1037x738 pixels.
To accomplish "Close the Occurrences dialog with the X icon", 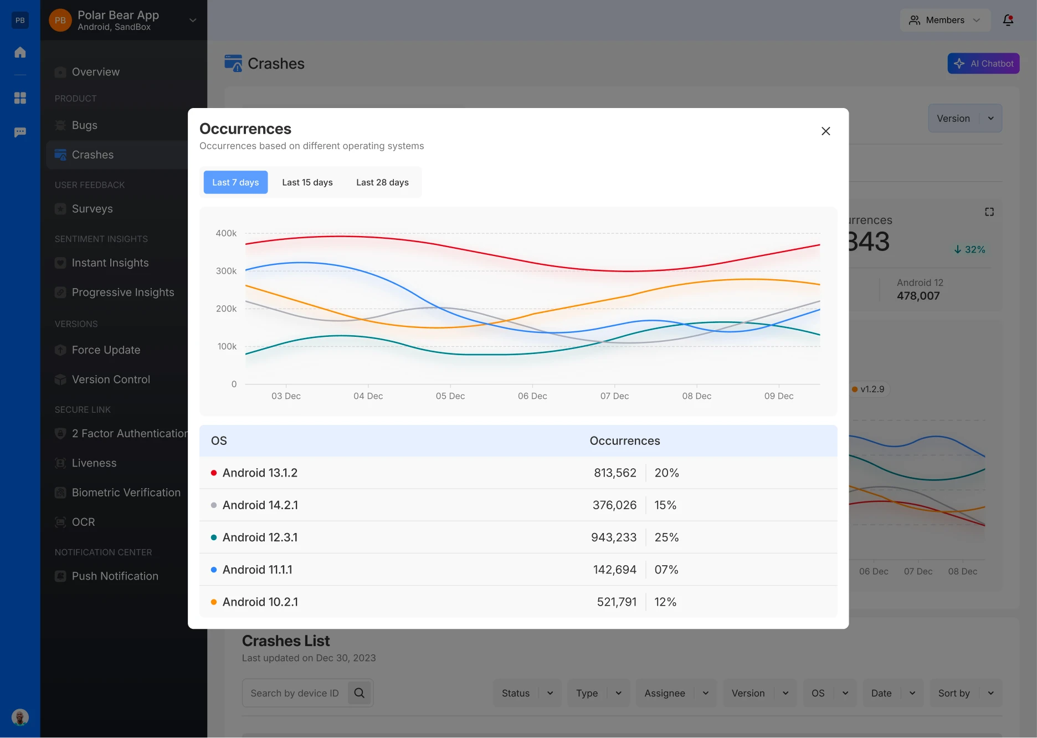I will click(825, 131).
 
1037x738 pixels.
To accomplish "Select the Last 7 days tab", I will click(235, 182).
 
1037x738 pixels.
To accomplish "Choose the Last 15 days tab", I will click(307, 182).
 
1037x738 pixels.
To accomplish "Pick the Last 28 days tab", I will click(382, 182).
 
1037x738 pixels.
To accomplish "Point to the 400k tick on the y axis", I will click(226, 233).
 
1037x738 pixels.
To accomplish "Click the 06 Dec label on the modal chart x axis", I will click(532, 396).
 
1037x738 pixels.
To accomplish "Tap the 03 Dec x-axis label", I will click(286, 396).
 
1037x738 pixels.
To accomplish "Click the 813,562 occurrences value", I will click(615, 473).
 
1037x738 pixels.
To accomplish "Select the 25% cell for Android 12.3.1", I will click(666, 537).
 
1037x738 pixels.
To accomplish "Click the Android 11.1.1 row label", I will click(257, 570).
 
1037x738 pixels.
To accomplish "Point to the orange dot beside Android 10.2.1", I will click(214, 602).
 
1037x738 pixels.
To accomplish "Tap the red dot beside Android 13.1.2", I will click(214, 473).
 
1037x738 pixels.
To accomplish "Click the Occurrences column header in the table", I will click(624, 441).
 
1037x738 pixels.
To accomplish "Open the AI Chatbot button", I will click(983, 64).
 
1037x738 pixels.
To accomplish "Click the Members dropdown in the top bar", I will click(944, 20).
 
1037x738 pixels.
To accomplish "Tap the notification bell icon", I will click(1008, 20).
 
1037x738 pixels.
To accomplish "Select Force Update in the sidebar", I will click(106, 350).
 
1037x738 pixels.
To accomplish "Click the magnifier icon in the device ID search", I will click(360, 693).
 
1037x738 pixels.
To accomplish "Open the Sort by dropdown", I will click(966, 693).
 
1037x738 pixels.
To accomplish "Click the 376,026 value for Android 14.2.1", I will click(614, 505).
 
